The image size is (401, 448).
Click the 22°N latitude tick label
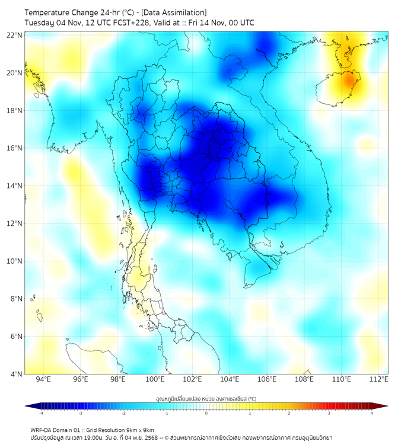click(15, 36)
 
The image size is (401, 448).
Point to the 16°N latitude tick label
click(15, 148)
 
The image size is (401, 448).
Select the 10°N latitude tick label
click(15, 261)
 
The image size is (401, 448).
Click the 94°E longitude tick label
click(43, 379)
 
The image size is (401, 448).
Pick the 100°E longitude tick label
click(155, 379)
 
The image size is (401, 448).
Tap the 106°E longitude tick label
click(268, 379)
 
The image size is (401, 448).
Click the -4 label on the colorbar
click(41, 413)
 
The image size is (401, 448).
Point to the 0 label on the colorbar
click(206, 413)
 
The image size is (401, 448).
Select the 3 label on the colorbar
click(329, 413)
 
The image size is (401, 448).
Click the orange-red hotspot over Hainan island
click(350, 79)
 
